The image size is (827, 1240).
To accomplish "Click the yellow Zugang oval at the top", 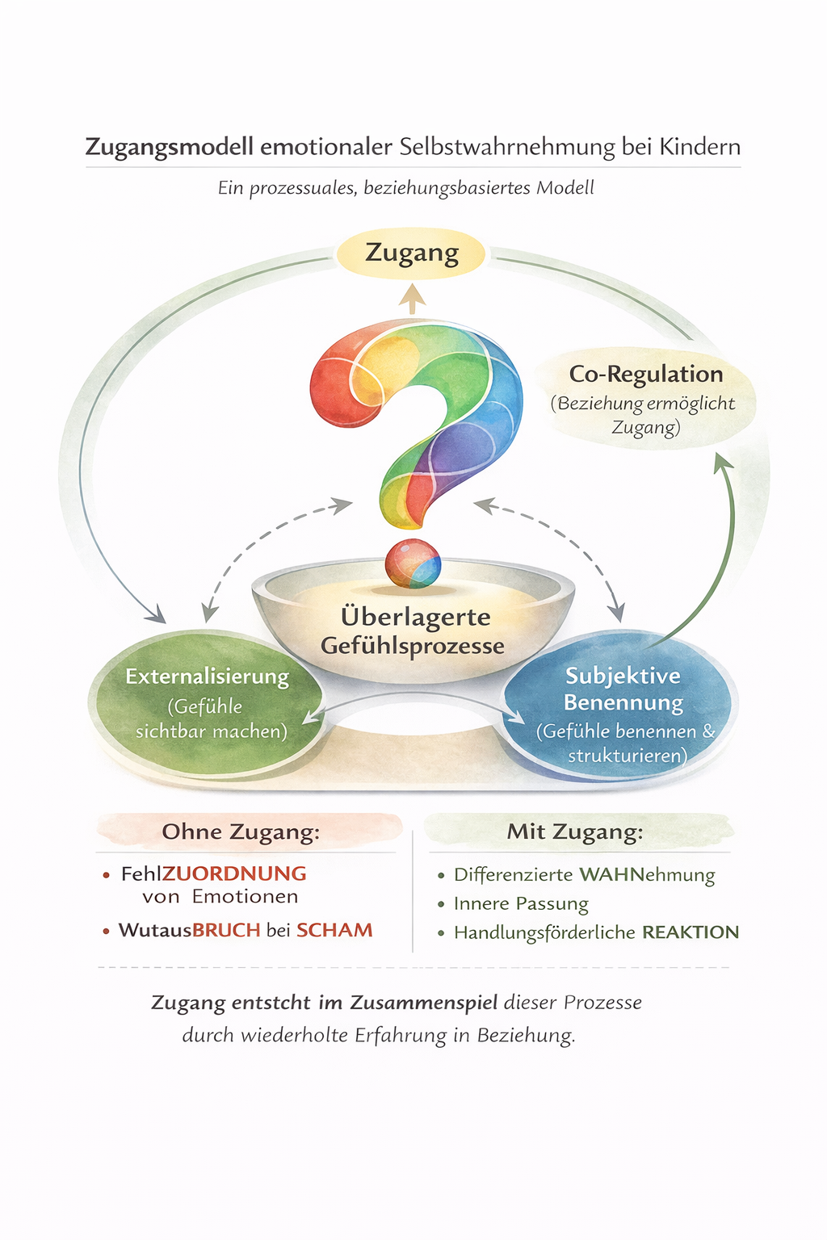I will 412,254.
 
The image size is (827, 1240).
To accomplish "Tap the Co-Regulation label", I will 645,375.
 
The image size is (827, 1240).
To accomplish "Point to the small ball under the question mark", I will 413,563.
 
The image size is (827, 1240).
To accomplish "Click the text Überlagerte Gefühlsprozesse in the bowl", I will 413,631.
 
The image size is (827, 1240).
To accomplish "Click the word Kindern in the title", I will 699,147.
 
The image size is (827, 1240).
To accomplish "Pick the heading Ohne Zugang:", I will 241,832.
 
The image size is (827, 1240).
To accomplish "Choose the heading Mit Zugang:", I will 575,832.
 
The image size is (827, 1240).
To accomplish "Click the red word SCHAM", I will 334,930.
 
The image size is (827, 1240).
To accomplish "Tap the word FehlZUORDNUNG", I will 213,873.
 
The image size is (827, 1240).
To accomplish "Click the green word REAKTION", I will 691,932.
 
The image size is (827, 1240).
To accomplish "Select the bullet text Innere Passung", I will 521,904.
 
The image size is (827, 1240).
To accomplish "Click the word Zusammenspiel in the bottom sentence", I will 423,1003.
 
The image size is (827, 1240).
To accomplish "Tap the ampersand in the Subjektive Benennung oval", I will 708,731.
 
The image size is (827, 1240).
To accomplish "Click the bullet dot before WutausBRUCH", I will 106,932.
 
